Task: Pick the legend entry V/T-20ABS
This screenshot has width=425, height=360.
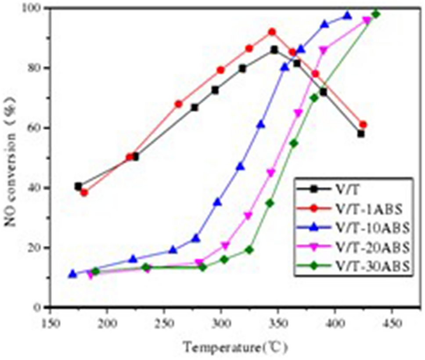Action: [x=369, y=247]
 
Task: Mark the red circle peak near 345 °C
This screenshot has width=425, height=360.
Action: [x=272, y=32]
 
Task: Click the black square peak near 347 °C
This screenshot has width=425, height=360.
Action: [x=274, y=50]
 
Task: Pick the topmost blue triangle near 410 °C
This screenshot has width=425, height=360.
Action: [x=347, y=15]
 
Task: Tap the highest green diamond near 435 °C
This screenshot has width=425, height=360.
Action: [x=375, y=14]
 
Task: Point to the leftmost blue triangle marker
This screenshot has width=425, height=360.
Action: [x=73, y=274]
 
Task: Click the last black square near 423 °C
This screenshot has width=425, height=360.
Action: [x=360, y=134]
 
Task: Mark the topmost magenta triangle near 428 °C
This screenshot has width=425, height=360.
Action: [x=367, y=20]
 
